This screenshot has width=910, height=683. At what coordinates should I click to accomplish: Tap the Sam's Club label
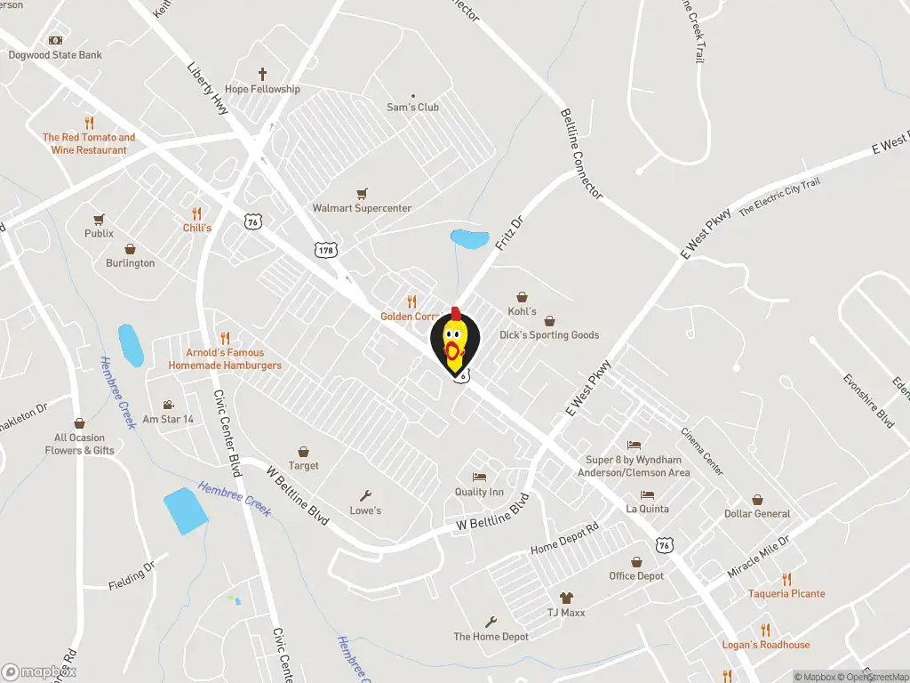coord(412,108)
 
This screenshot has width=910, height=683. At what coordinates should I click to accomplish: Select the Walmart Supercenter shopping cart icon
coord(362,193)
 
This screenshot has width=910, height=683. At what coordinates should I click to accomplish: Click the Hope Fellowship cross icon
coord(262,75)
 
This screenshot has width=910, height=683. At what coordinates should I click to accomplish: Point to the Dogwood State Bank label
coord(55,55)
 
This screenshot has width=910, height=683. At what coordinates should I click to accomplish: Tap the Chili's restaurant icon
coord(196,213)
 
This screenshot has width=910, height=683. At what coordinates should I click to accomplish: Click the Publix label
coord(100,234)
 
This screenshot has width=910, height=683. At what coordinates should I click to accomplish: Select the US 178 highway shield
coord(324,250)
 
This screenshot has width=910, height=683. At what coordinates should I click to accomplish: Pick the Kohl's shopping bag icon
coord(522,297)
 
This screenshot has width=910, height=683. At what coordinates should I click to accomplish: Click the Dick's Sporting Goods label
coord(548,335)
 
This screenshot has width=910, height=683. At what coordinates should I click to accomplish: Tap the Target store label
coord(303,466)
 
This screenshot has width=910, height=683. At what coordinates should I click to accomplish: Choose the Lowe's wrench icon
coord(365,495)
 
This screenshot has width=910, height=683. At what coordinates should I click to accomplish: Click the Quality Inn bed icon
coord(479,478)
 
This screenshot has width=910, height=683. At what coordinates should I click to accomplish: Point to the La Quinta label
coord(647,510)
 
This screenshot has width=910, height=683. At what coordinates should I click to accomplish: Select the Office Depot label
coord(636,576)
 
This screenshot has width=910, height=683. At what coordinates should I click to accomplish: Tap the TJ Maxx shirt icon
coord(566,598)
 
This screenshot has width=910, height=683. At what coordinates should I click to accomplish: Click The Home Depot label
coord(491,637)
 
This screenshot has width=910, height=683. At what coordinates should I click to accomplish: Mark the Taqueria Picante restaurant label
coord(786,594)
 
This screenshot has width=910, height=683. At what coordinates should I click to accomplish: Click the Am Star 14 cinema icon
coord(168,405)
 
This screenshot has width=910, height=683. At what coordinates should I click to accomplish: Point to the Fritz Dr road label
coord(511,232)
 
